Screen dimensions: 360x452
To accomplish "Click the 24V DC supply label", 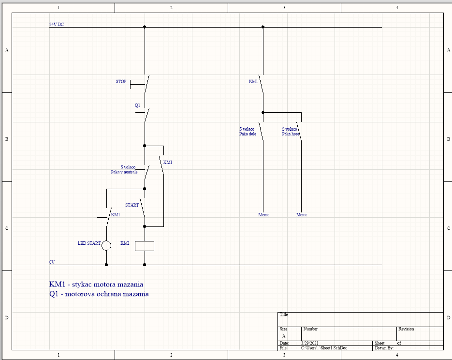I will click(x=57, y=24).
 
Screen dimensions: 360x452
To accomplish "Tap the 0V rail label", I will click(x=52, y=262).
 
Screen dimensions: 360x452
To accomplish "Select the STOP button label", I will click(x=121, y=82).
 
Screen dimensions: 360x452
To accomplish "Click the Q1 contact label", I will click(x=137, y=105).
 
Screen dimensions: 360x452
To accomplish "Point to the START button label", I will click(x=132, y=205).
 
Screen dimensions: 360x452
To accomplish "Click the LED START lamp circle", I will click(x=106, y=246).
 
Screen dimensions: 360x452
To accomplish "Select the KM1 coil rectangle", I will click(x=145, y=246).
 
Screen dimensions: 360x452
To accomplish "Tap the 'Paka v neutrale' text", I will click(x=124, y=172).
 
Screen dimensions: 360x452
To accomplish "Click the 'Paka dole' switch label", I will click(x=248, y=134).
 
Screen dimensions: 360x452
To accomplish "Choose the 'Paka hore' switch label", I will click(x=291, y=134).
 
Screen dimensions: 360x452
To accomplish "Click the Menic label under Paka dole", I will click(x=263, y=215).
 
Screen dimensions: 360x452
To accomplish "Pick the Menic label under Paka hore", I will click(x=302, y=215).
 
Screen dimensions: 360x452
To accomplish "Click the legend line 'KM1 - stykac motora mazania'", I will click(x=96, y=284).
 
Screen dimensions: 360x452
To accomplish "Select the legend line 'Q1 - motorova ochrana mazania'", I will click(x=99, y=294).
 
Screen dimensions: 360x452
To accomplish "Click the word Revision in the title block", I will click(x=406, y=329).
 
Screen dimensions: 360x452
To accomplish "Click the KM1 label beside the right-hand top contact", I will click(x=253, y=82).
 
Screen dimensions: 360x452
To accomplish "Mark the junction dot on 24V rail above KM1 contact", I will click(x=263, y=27).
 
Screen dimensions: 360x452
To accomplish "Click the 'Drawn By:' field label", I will click(x=384, y=348).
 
